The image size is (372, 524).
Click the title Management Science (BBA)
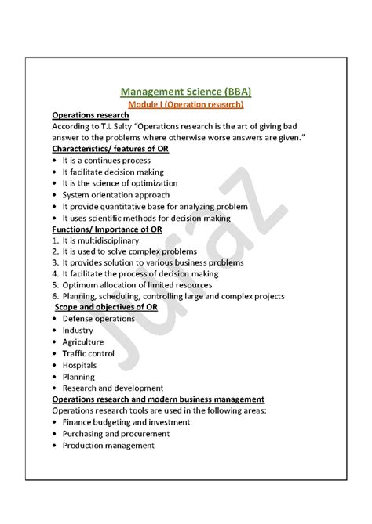186,90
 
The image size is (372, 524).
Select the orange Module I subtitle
186,104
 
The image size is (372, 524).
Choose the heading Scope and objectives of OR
106,308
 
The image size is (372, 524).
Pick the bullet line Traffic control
88,353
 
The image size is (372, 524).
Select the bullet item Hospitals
79,365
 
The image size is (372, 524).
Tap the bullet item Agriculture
82,342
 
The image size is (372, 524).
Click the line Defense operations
98,320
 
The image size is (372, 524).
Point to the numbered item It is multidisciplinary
100,240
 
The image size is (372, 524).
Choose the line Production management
108,446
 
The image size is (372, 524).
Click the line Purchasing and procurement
115,434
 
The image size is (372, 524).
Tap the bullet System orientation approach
115,195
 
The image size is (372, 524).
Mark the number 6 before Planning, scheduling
55,297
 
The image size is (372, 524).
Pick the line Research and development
113,388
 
